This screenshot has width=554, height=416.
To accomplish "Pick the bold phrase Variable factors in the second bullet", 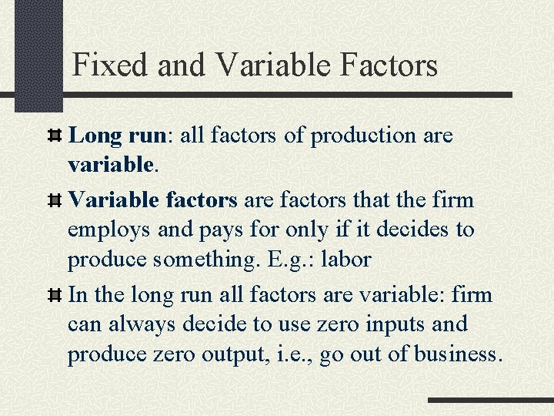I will click(x=153, y=200).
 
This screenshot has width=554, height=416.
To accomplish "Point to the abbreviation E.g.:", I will click(x=292, y=260).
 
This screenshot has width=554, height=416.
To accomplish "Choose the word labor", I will click(x=345, y=260).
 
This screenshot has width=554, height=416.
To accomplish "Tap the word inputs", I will click(x=389, y=325).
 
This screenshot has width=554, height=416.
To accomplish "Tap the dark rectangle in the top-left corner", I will click(x=39, y=54).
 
